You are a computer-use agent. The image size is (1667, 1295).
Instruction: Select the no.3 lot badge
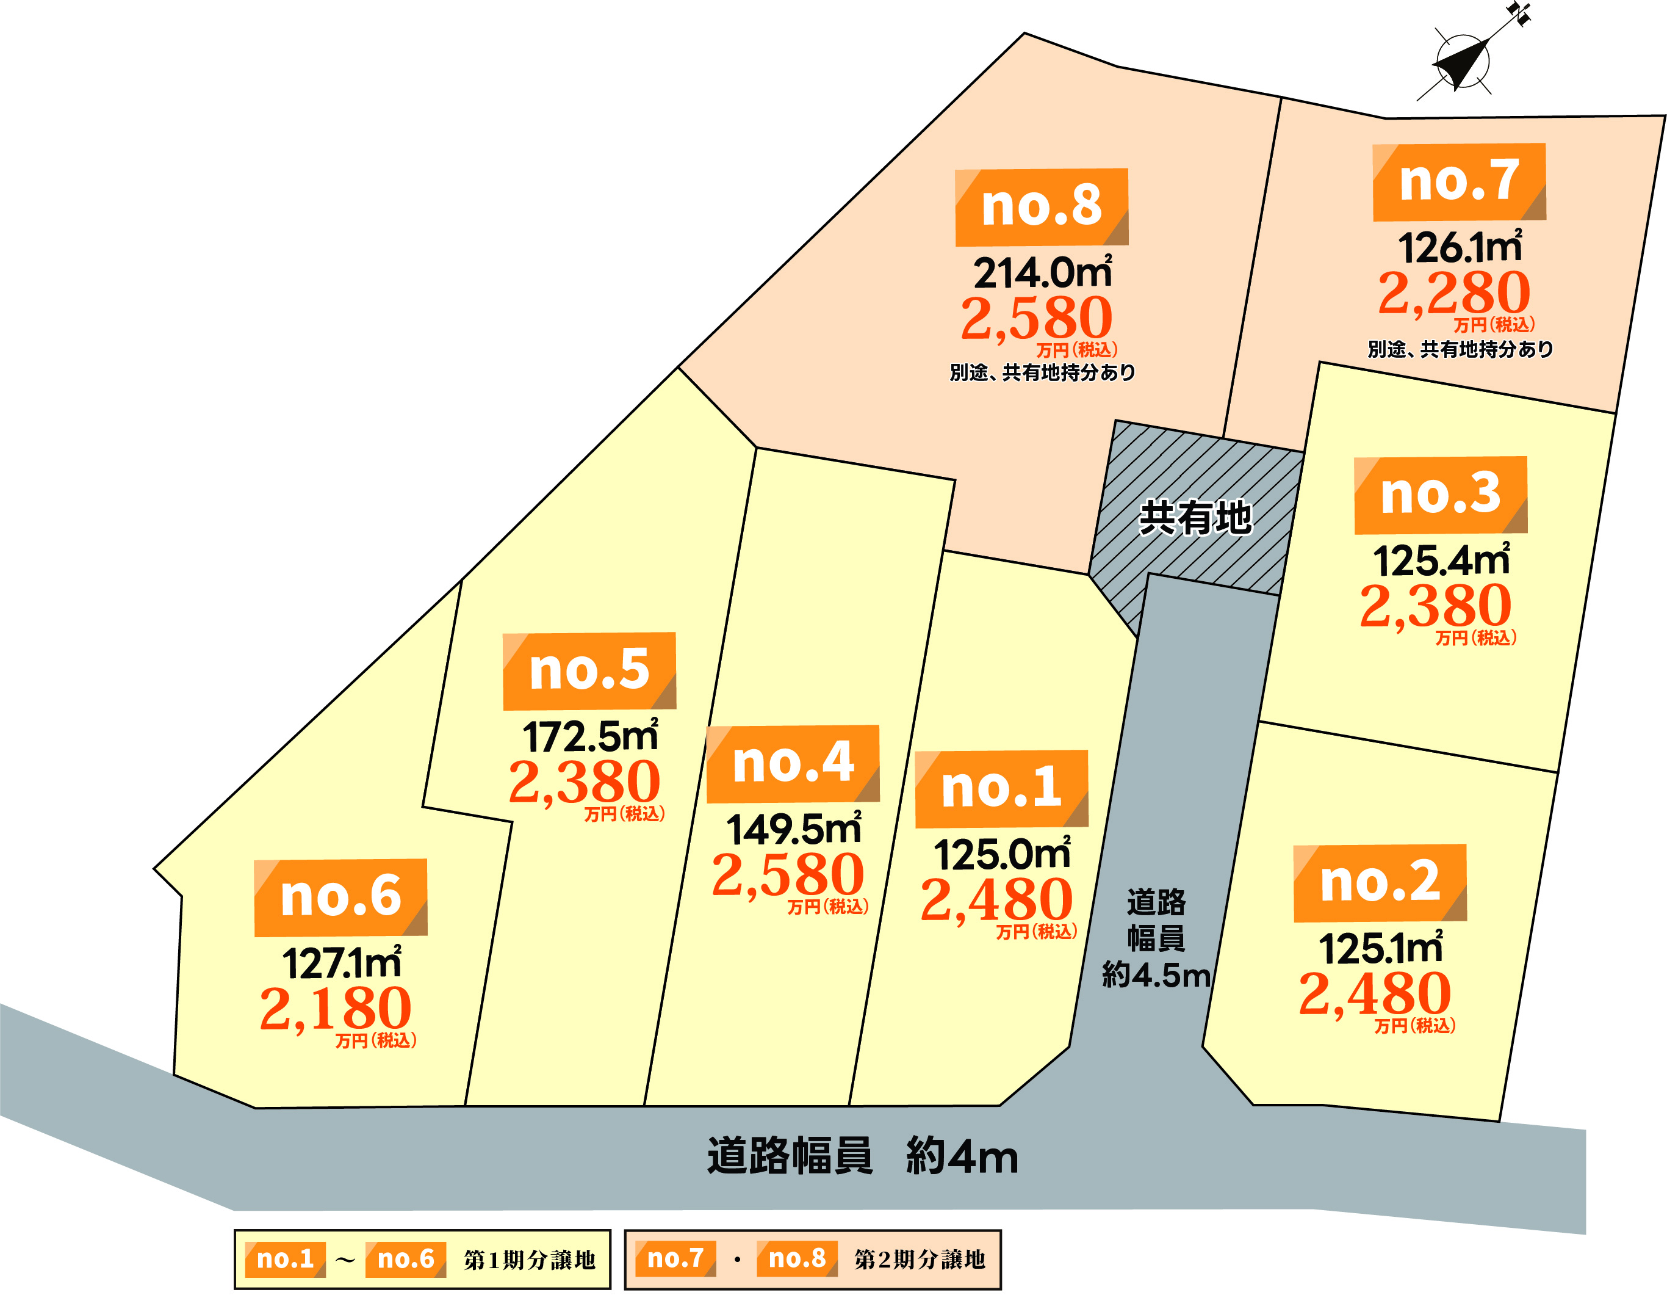1440,495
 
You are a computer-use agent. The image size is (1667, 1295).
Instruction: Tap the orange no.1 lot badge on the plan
1001,788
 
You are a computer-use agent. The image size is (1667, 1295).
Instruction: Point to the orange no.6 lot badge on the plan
340,896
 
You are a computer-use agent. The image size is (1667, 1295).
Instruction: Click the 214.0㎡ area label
1042,272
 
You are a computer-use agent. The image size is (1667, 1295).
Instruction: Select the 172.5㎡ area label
589,736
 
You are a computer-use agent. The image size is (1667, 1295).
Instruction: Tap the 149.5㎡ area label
793,829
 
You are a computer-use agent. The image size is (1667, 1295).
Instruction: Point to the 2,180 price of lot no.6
335,1008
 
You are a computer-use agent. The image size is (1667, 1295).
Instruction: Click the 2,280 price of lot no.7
1453,292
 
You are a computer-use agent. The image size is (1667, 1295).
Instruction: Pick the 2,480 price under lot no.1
996,899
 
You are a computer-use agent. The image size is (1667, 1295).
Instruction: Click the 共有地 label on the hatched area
1195,518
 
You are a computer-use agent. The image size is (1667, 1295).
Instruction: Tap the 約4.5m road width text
1156,975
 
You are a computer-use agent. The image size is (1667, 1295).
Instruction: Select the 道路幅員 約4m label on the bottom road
863,1156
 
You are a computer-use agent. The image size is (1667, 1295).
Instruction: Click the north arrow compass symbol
1462,61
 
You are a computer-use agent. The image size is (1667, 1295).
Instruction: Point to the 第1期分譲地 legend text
529,1259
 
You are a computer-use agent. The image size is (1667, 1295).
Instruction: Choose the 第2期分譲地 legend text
919,1259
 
